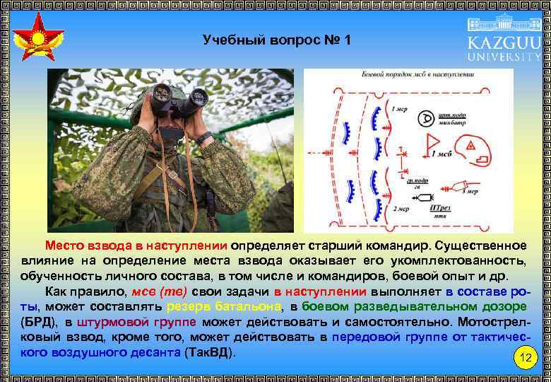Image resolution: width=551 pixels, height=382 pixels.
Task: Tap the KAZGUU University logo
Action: (503, 42)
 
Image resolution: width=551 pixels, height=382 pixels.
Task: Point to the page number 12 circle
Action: (525, 357)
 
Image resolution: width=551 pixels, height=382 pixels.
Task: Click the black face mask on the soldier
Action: (170, 132)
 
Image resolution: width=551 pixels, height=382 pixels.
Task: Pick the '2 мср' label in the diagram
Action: (401, 209)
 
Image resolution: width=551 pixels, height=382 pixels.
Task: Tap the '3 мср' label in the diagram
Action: (470, 191)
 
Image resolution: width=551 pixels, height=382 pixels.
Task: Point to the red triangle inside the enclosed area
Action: (469, 146)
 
